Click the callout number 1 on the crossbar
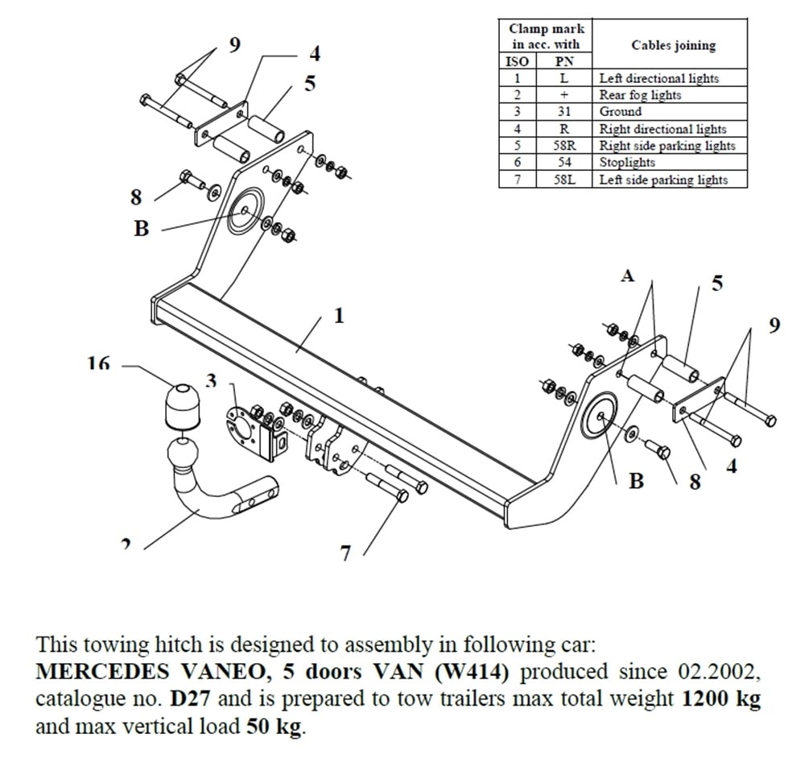point(339,315)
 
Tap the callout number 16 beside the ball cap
point(98,364)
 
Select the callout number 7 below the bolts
point(345,553)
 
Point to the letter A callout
point(627,276)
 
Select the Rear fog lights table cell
point(640,95)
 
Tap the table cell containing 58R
point(563,146)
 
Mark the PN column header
point(563,61)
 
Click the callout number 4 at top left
point(315,54)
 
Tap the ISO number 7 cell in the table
point(518,180)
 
